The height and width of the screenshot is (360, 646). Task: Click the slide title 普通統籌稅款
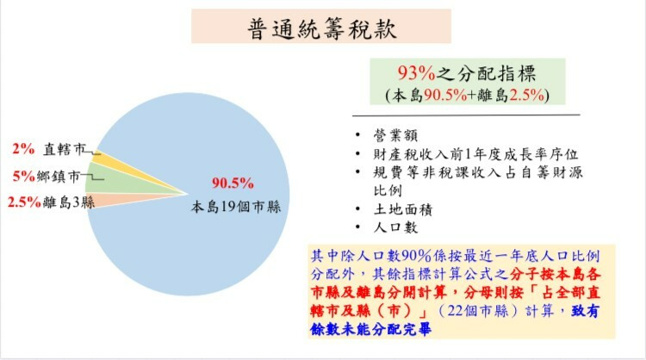click(x=322, y=28)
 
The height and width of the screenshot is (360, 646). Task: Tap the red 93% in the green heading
click(x=416, y=73)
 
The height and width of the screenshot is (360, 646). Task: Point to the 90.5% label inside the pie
click(x=233, y=183)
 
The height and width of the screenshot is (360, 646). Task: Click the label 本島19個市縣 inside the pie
click(x=236, y=207)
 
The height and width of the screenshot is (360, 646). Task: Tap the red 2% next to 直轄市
click(x=23, y=149)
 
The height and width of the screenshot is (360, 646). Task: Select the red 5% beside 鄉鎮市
click(x=24, y=177)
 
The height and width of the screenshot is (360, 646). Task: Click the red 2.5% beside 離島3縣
click(x=24, y=202)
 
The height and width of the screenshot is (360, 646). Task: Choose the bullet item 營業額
click(x=396, y=135)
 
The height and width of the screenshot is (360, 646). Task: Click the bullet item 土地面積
click(x=403, y=209)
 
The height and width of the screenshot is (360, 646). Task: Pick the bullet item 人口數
click(x=396, y=227)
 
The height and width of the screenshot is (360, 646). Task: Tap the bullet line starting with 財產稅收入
click(x=475, y=154)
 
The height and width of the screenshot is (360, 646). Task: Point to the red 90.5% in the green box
click(x=445, y=95)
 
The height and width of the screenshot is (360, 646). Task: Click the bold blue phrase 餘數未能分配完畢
click(x=370, y=329)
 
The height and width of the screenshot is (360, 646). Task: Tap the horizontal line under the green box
click(x=466, y=115)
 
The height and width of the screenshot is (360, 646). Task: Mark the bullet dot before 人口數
click(x=357, y=227)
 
